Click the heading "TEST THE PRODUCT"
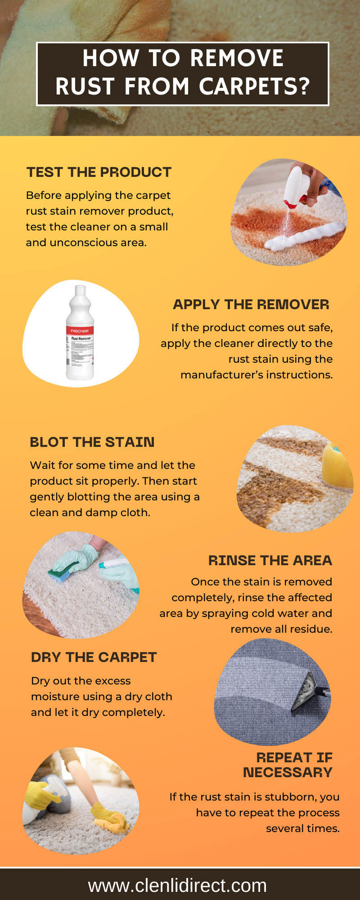click(99, 172)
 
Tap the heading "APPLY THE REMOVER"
click(251, 304)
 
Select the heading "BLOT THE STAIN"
click(92, 442)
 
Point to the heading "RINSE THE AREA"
click(270, 560)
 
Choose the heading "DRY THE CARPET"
click(94, 657)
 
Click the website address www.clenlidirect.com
click(178, 885)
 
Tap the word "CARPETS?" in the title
click(255, 86)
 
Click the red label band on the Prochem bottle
click(80, 331)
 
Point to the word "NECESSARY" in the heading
click(288, 772)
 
